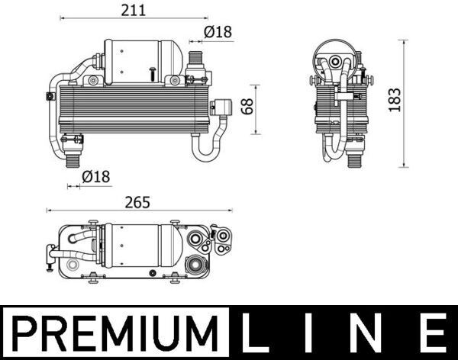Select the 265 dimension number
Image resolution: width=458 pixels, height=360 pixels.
click(134, 203)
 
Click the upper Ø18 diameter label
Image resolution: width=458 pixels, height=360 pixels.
click(218, 32)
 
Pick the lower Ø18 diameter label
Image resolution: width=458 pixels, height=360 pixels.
click(95, 177)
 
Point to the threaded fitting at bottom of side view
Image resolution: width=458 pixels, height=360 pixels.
click(353, 159)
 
